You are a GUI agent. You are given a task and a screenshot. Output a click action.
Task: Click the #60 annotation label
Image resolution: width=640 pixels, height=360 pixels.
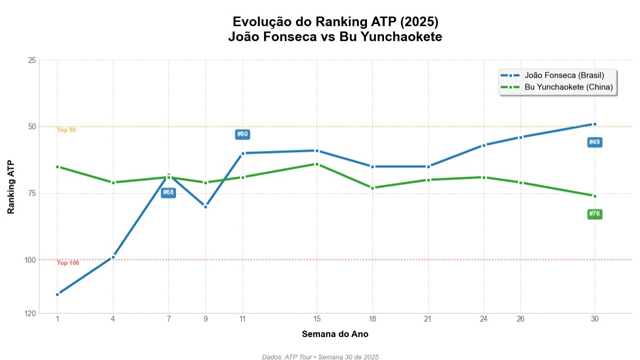(242, 134)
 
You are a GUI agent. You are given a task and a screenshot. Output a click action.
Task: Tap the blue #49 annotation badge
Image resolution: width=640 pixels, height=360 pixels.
(594, 142)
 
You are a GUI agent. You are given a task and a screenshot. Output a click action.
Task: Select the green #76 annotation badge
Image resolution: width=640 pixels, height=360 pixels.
(594, 214)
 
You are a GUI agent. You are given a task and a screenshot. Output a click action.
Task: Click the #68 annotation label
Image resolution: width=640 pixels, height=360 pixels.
(169, 193)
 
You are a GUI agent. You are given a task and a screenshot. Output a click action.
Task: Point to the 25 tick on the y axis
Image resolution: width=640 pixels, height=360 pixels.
(31, 60)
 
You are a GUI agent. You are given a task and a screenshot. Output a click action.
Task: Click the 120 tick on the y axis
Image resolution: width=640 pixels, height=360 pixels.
(30, 314)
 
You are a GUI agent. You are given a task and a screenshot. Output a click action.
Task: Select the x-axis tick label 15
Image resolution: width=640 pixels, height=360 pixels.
(317, 319)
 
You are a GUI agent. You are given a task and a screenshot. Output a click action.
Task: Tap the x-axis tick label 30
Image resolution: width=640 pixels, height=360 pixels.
(594, 319)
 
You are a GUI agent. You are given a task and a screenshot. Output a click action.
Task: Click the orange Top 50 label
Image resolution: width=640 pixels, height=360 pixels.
(67, 130)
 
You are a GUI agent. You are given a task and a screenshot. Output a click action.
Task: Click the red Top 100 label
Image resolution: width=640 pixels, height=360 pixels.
(68, 263)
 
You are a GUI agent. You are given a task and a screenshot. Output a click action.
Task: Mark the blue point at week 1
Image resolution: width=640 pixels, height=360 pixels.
(57, 294)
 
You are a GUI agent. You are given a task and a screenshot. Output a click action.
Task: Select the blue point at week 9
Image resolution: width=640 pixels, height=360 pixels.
(205, 206)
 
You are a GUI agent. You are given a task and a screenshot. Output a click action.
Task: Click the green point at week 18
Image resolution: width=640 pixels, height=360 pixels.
(372, 188)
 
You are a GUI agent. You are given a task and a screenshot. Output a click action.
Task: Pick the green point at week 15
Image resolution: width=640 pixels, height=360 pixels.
(317, 164)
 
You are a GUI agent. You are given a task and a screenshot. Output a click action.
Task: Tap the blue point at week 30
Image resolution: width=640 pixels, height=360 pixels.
(594, 124)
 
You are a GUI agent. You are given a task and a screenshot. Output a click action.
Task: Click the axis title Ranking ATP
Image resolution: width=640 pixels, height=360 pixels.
(11, 187)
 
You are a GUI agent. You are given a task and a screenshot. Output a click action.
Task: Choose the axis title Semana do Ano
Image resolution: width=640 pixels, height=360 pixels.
(335, 334)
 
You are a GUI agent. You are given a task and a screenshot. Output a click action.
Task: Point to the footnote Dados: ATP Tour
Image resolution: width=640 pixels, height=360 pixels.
(320, 357)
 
